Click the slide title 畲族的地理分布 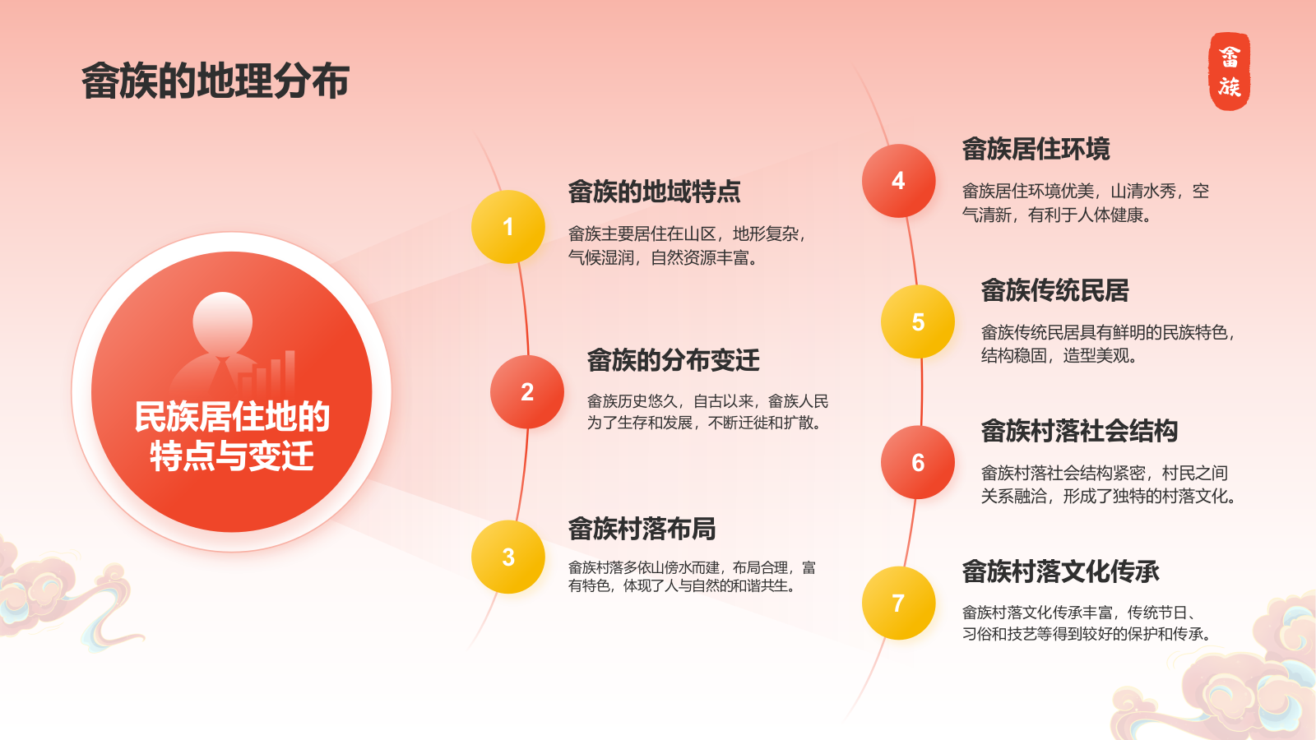point(215,81)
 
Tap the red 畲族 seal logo point(1229,71)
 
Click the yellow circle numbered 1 point(508,227)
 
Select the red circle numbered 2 point(527,391)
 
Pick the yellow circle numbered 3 point(508,557)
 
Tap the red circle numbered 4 point(898,181)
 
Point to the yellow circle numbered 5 point(918,321)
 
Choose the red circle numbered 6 point(918,463)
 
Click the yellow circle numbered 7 point(898,604)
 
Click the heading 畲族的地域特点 point(654,192)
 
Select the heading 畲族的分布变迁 point(674,360)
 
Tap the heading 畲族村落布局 point(642,529)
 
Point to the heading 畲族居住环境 point(1036,149)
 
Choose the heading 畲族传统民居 point(1055,290)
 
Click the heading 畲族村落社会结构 point(1079,431)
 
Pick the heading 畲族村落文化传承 point(1060,571)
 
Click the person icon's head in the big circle point(223,321)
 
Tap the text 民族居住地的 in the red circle point(232,417)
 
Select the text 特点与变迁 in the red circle point(232,456)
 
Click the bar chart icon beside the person point(268,372)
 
